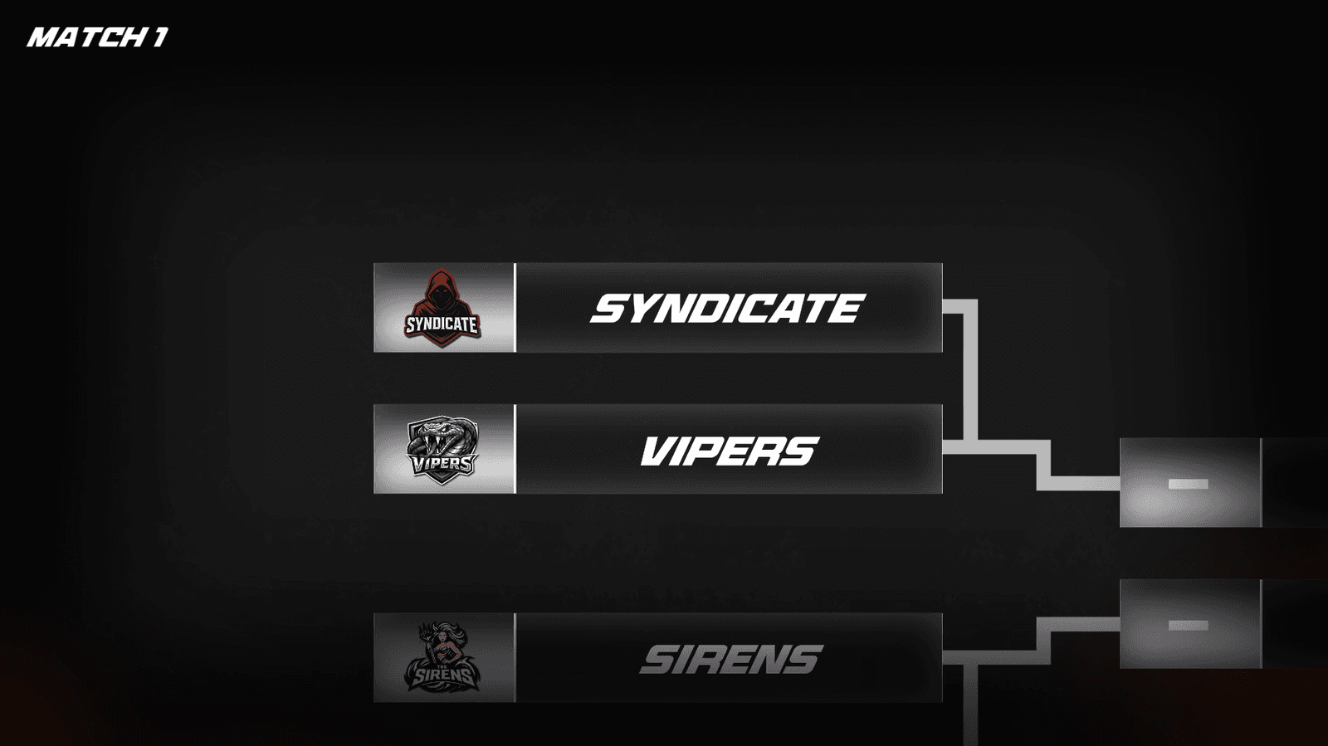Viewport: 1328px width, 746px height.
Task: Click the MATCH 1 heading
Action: pyautogui.click(x=98, y=37)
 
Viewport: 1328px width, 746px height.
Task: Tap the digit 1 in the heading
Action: pyautogui.click(x=160, y=37)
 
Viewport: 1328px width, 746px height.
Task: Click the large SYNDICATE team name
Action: pyautogui.click(x=727, y=308)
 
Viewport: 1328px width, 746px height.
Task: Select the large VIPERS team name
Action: pyautogui.click(x=730, y=451)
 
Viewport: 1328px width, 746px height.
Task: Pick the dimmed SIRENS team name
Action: pyautogui.click(x=731, y=659)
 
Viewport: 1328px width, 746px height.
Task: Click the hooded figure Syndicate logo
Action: pyautogui.click(x=442, y=308)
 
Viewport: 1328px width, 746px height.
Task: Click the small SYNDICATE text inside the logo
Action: pyautogui.click(x=442, y=324)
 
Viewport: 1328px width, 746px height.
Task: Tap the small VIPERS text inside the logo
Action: pyautogui.click(x=443, y=462)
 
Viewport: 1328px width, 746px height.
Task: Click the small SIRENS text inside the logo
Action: pyautogui.click(x=443, y=675)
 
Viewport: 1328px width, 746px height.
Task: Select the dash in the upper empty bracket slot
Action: pyautogui.click(x=1188, y=484)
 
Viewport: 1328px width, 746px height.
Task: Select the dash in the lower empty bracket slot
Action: pyautogui.click(x=1188, y=625)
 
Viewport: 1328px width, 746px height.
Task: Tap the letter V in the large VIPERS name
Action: pyautogui.click(x=657, y=451)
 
